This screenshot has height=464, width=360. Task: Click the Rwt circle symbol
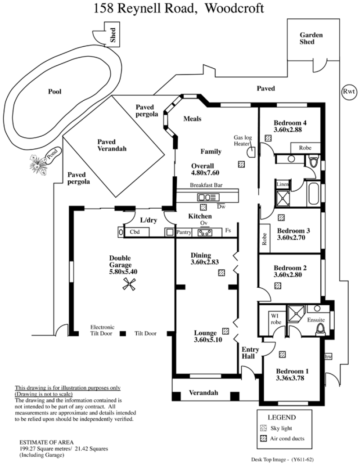[349, 92]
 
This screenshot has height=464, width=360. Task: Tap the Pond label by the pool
[53, 155]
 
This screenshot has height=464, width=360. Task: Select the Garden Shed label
[311, 38]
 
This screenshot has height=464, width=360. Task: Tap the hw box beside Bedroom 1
[328, 357]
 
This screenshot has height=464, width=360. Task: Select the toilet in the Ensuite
[320, 330]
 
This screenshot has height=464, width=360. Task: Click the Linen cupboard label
[282, 184]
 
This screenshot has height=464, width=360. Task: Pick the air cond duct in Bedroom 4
[268, 138]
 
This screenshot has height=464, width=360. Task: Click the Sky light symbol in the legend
[263, 428]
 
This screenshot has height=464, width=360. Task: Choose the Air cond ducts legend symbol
[263, 438]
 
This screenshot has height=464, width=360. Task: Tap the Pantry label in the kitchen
[184, 232]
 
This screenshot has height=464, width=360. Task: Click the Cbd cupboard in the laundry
[136, 232]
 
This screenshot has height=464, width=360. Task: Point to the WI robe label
[275, 319]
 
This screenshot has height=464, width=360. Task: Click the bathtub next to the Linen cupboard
[313, 194]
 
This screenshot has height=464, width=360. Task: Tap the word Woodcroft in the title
[234, 8]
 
